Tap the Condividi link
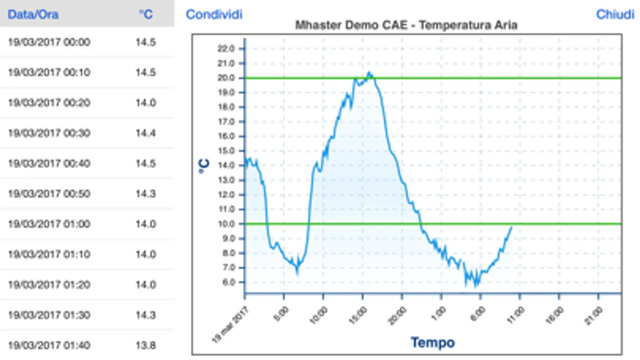[214, 14]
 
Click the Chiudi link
[615, 14]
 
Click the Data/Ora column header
[33, 14]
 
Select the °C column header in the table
[146, 14]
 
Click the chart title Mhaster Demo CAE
[406, 25]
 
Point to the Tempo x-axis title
[433, 342]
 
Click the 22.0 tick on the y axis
[226, 49]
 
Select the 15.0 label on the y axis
[226, 151]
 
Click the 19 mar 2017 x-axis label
[231, 324]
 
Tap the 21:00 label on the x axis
[594, 316]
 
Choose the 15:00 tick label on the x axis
[358, 316]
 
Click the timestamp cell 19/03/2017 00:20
[49, 103]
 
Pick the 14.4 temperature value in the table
[146, 133]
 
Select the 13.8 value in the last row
[146, 345]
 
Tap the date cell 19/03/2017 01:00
[49, 224]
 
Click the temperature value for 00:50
[146, 194]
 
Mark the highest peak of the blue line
[369, 73]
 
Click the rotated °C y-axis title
[204, 166]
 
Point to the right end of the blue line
[511, 227]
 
